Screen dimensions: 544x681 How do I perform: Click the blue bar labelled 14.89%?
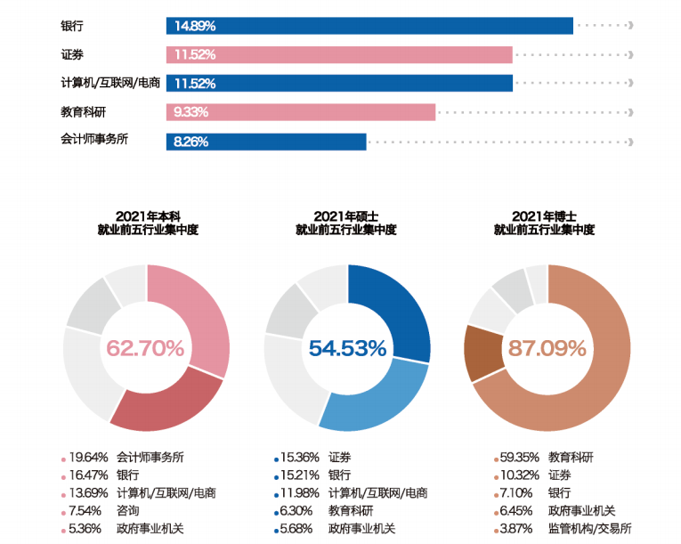[x=369, y=26]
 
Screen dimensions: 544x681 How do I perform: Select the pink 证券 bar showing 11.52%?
[x=339, y=54]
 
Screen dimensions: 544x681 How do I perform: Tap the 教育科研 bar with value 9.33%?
[x=301, y=112]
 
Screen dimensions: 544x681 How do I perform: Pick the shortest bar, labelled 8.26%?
[x=266, y=142]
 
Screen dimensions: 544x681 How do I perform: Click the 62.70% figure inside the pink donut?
[x=145, y=348]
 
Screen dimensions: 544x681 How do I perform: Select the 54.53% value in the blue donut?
[x=347, y=348]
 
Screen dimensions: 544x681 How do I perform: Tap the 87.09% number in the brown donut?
[x=547, y=348]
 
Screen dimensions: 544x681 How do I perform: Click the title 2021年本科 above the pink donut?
[x=147, y=215]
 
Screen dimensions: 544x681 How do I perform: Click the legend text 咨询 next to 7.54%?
[x=127, y=510]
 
